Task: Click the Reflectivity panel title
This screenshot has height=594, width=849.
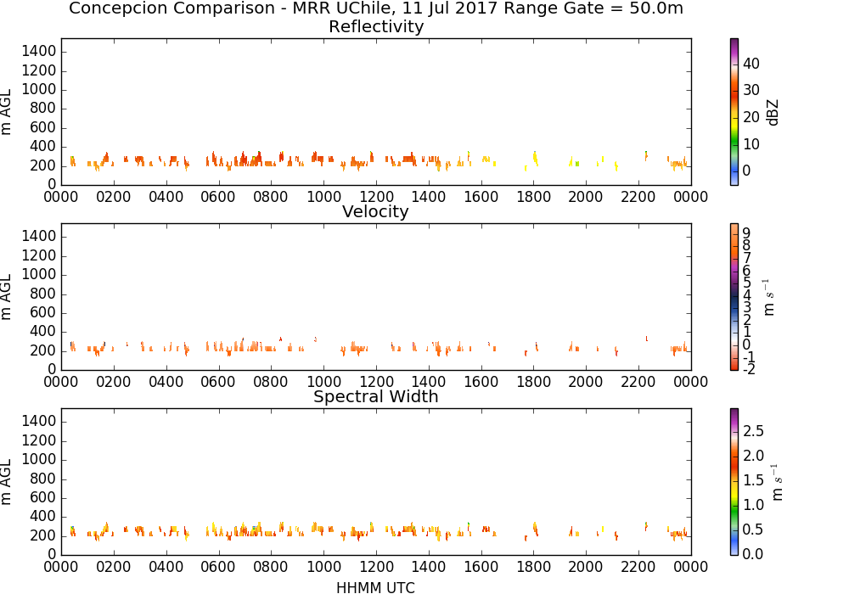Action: click(x=376, y=26)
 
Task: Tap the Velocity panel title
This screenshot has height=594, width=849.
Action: click(x=375, y=211)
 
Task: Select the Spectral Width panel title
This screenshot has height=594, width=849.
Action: click(x=376, y=396)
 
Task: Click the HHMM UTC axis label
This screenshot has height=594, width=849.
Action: click(x=375, y=587)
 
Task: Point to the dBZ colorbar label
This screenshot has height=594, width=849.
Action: click(x=773, y=113)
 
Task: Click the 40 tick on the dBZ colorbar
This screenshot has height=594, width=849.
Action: click(x=751, y=64)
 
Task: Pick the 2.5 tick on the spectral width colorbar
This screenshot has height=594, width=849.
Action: click(x=753, y=431)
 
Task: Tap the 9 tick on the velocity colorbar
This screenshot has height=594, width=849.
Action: click(x=746, y=233)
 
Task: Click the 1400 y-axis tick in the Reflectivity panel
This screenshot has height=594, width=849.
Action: click(x=39, y=52)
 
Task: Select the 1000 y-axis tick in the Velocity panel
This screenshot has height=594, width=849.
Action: click(x=39, y=274)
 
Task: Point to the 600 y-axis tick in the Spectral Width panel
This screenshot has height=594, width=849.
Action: click(x=43, y=497)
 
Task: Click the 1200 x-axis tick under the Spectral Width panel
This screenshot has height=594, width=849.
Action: click(x=376, y=566)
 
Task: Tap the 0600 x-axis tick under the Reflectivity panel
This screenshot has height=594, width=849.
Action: click(x=218, y=196)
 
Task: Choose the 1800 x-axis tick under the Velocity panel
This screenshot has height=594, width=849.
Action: click(x=534, y=381)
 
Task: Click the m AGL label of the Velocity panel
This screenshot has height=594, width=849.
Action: click(x=7, y=297)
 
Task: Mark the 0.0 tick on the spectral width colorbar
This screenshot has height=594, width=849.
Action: click(x=753, y=553)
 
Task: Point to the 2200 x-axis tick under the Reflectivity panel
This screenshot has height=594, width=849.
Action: click(x=638, y=196)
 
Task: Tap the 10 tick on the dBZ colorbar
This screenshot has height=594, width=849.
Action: click(x=751, y=144)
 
